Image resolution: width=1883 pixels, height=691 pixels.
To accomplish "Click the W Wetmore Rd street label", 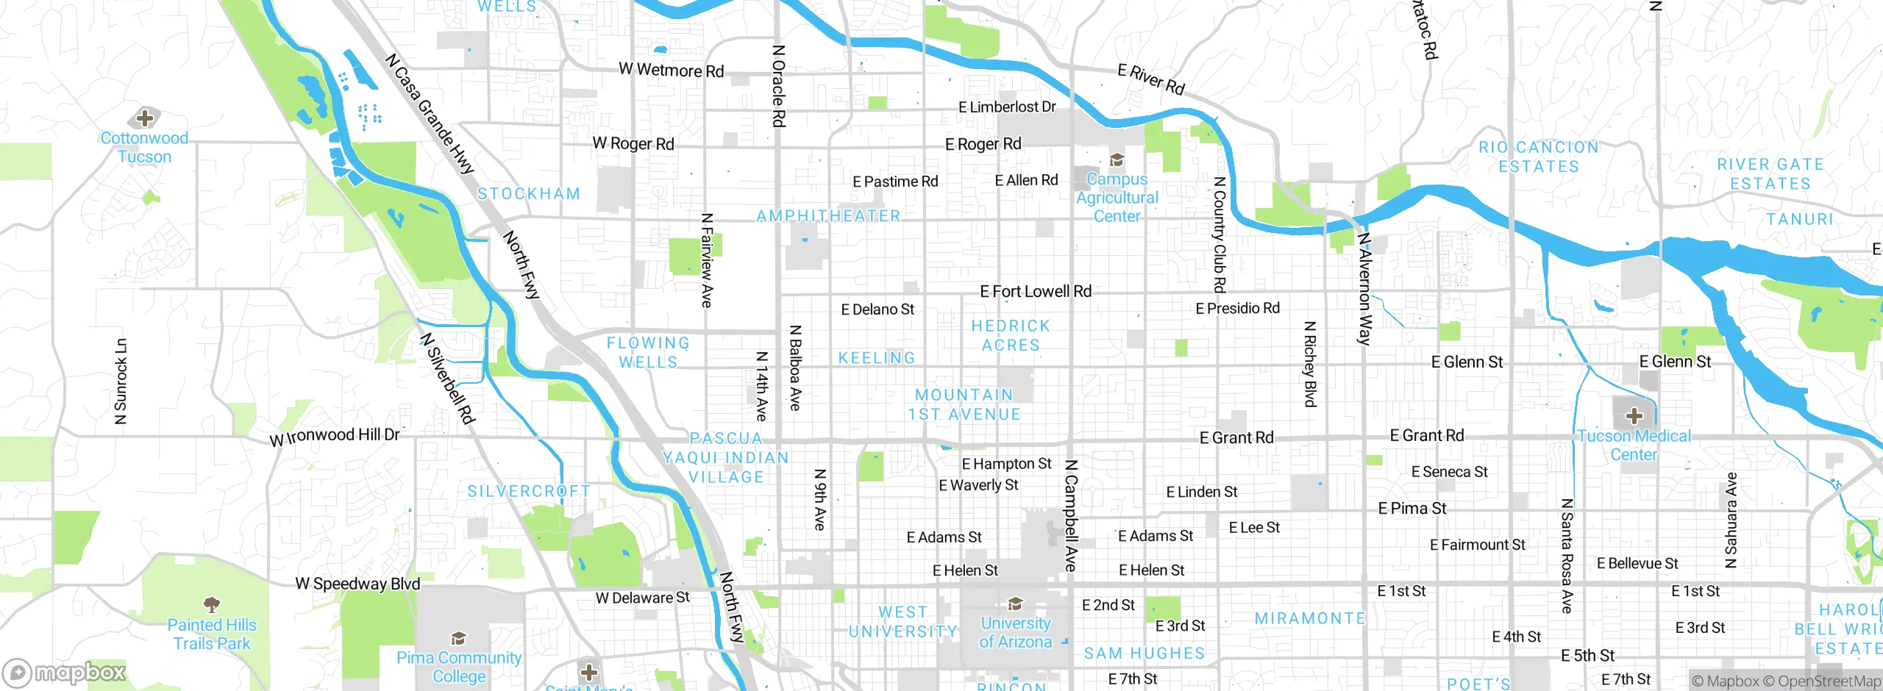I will pyautogui.click(x=671, y=70).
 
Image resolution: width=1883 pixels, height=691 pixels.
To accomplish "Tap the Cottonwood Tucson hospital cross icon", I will pyautogui.click(x=145, y=118).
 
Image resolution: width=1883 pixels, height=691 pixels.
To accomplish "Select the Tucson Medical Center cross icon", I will pyautogui.click(x=1634, y=416).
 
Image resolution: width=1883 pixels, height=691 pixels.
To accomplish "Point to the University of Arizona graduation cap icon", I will pyautogui.click(x=1016, y=604).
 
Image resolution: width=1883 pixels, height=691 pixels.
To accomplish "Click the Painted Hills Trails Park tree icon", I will pyautogui.click(x=212, y=605).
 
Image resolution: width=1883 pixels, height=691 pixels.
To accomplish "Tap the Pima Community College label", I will pyautogui.click(x=459, y=667).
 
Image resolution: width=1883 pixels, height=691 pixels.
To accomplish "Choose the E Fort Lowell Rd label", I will pyautogui.click(x=1036, y=292).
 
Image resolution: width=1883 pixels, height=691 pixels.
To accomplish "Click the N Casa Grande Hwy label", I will pyautogui.click(x=430, y=114).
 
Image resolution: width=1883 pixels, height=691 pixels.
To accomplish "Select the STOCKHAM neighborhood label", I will pyautogui.click(x=529, y=194).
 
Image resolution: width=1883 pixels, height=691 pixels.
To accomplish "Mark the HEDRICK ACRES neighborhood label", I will pyautogui.click(x=1011, y=335).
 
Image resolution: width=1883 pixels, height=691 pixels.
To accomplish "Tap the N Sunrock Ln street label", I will pyautogui.click(x=121, y=382).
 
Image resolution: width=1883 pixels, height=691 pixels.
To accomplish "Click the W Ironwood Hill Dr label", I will pyautogui.click(x=335, y=436).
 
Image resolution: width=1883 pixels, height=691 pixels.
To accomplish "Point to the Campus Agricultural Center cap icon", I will pyautogui.click(x=1117, y=160).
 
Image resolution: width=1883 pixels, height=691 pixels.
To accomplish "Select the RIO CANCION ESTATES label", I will pyautogui.click(x=1539, y=157).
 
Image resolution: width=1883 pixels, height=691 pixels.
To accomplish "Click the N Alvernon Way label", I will pyautogui.click(x=1364, y=288).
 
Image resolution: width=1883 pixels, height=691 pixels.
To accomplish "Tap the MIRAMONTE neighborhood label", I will pyautogui.click(x=1310, y=618).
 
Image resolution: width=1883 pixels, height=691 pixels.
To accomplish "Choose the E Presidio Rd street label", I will pyautogui.click(x=1237, y=308).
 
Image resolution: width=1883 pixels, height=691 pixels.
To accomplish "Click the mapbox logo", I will pyautogui.click(x=65, y=673).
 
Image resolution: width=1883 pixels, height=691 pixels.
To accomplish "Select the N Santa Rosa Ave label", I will pyautogui.click(x=1567, y=556).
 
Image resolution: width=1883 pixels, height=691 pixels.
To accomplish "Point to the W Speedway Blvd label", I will pyautogui.click(x=357, y=584).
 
